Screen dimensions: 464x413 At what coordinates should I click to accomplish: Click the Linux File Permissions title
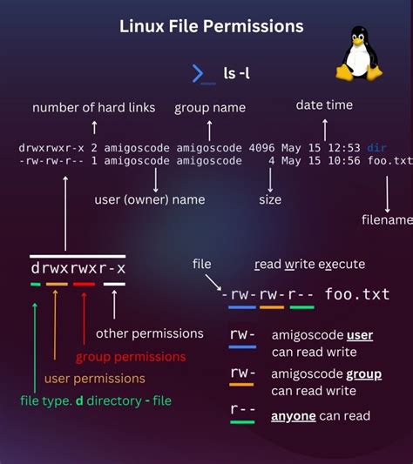[212, 26]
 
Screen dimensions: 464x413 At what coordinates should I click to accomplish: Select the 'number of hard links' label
[94, 108]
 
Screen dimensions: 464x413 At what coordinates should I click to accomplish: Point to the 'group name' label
[210, 108]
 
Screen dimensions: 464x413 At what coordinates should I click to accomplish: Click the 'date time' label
[324, 104]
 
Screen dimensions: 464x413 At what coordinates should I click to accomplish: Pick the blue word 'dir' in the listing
[376, 147]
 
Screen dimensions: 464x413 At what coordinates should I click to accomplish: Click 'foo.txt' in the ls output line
[390, 160]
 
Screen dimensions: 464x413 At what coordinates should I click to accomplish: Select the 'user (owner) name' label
[150, 199]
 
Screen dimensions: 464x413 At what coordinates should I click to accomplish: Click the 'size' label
[270, 199]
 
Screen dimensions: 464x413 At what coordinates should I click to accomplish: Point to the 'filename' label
[387, 220]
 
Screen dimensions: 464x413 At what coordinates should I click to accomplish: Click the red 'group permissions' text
[131, 356]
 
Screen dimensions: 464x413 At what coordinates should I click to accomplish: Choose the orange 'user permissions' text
[95, 379]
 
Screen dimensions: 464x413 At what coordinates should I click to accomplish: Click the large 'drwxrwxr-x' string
[78, 268]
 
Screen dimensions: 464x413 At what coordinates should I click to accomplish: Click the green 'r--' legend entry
[242, 408]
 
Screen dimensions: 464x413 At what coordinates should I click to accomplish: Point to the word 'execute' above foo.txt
[341, 264]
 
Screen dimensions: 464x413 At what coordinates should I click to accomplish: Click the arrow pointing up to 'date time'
[324, 129]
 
